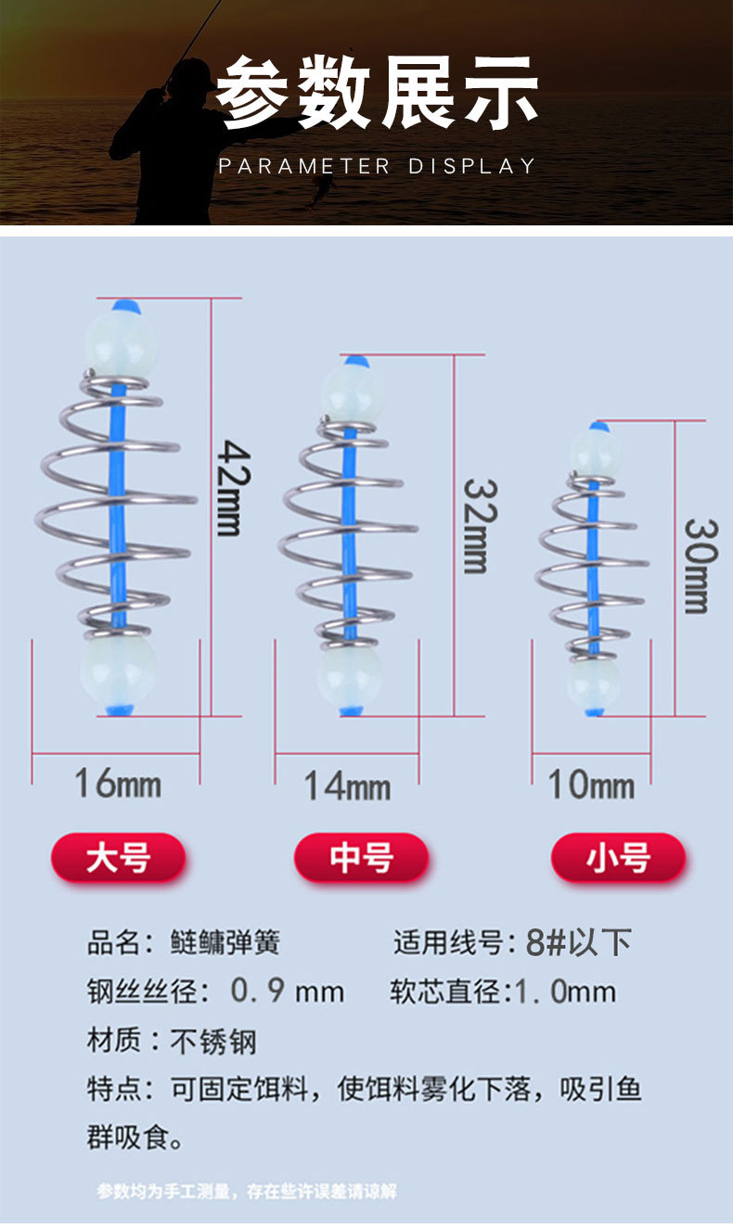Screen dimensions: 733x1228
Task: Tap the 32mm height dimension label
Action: pos(475,526)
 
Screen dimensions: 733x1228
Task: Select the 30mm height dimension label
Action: pos(696,565)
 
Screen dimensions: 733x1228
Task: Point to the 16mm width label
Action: pos(117,784)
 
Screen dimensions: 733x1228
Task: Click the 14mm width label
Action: pos(347,787)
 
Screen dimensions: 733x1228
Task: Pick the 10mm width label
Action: pos(591,786)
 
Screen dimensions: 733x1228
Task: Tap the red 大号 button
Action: pos(118,857)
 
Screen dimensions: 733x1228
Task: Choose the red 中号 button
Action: pos(361,857)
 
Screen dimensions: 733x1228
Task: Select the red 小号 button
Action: pos(617,858)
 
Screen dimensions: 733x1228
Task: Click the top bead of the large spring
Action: pos(120,340)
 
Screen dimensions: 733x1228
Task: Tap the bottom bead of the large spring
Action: pos(119,671)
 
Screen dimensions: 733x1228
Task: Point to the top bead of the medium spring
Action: pos(352,390)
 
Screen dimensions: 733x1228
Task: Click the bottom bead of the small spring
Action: pos(594,684)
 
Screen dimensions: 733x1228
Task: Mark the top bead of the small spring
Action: pos(595,453)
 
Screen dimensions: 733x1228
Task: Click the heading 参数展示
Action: pos(377,93)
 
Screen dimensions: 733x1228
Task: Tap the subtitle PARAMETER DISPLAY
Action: pos(377,166)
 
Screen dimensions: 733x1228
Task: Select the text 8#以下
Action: pos(578,942)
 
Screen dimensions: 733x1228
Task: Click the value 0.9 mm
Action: pos(287,991)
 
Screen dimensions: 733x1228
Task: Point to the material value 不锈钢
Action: pos(213,1041)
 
